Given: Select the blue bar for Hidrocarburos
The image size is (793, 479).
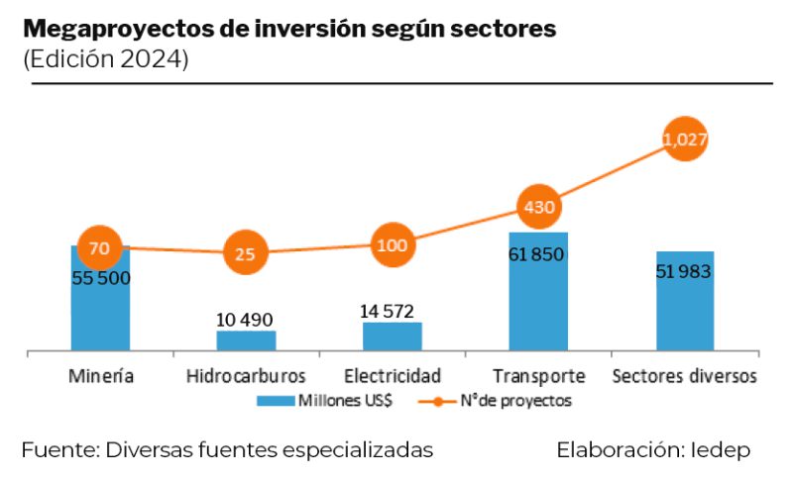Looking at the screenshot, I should pyautogui.click(x=246, y=340).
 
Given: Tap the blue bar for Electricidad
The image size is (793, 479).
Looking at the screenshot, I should pyautogui.click(x=392, y=336).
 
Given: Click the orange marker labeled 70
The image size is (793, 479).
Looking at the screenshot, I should pyautogui.click(x=99, y=247).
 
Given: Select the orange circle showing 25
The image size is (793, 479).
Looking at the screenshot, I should pyautogui.click(x=246, y=253).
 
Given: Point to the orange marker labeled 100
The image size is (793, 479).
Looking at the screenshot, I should pyautogui.click(x=392, y=244).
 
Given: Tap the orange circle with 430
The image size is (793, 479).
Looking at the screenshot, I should pyautogui.click(x=538, y=208).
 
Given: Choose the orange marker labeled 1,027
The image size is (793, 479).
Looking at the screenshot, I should pyautogui.click(x=685, y=141).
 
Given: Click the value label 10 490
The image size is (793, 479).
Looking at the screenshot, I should pyautogui.click(x=245, y=319).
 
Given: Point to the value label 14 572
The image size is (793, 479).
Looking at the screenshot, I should pyautogui.click(x=392, y=311).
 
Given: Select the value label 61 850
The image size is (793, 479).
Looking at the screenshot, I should pyautogui.click(x=537, y=254).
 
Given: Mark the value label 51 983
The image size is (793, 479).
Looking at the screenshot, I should pyautogui.click(x=684, y=271).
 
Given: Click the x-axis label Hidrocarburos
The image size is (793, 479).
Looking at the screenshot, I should pyautogui.click(x=246, y=376).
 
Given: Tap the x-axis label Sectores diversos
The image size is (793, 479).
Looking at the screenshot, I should pyautogui.click(x=685, y=376).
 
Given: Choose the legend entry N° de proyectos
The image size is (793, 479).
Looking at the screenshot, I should pyautogui.click(x=507, y=401).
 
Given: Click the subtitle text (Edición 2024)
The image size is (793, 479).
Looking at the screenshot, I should pyautogui.click(x=105, y=59).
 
